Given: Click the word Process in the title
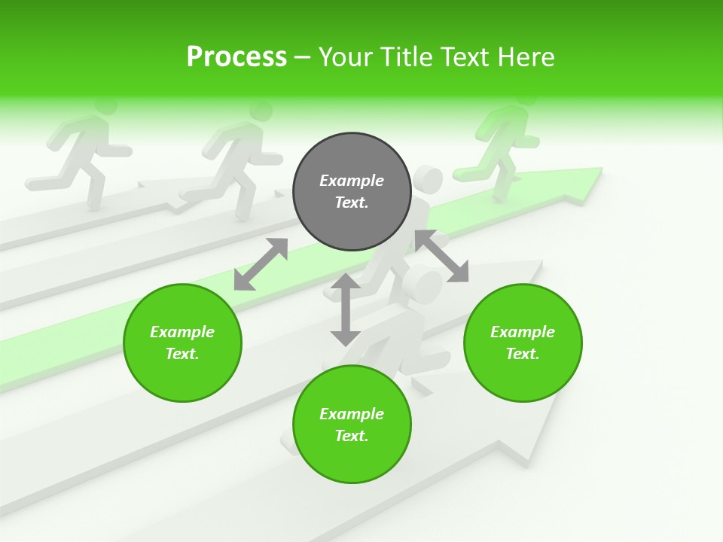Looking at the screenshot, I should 236,56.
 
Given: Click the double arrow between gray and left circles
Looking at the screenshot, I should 261,264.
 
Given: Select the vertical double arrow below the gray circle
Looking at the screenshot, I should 346,309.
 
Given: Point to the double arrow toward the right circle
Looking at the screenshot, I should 441,257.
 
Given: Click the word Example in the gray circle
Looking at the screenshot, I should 352,181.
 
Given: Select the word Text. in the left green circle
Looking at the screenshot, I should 182,354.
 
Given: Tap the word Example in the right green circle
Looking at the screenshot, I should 523,332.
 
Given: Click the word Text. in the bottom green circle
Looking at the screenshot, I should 352,436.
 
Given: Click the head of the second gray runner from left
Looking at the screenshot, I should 261,111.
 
